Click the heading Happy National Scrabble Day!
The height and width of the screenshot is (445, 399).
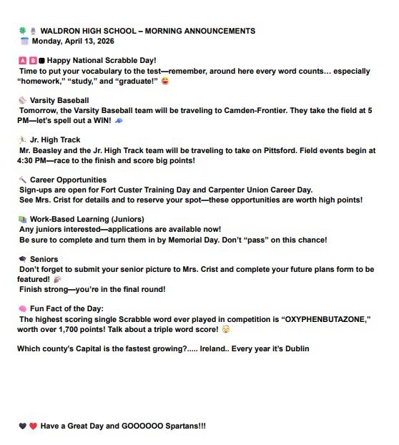tap(102, 61)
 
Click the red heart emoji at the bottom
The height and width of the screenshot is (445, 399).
tap(33, 426)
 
